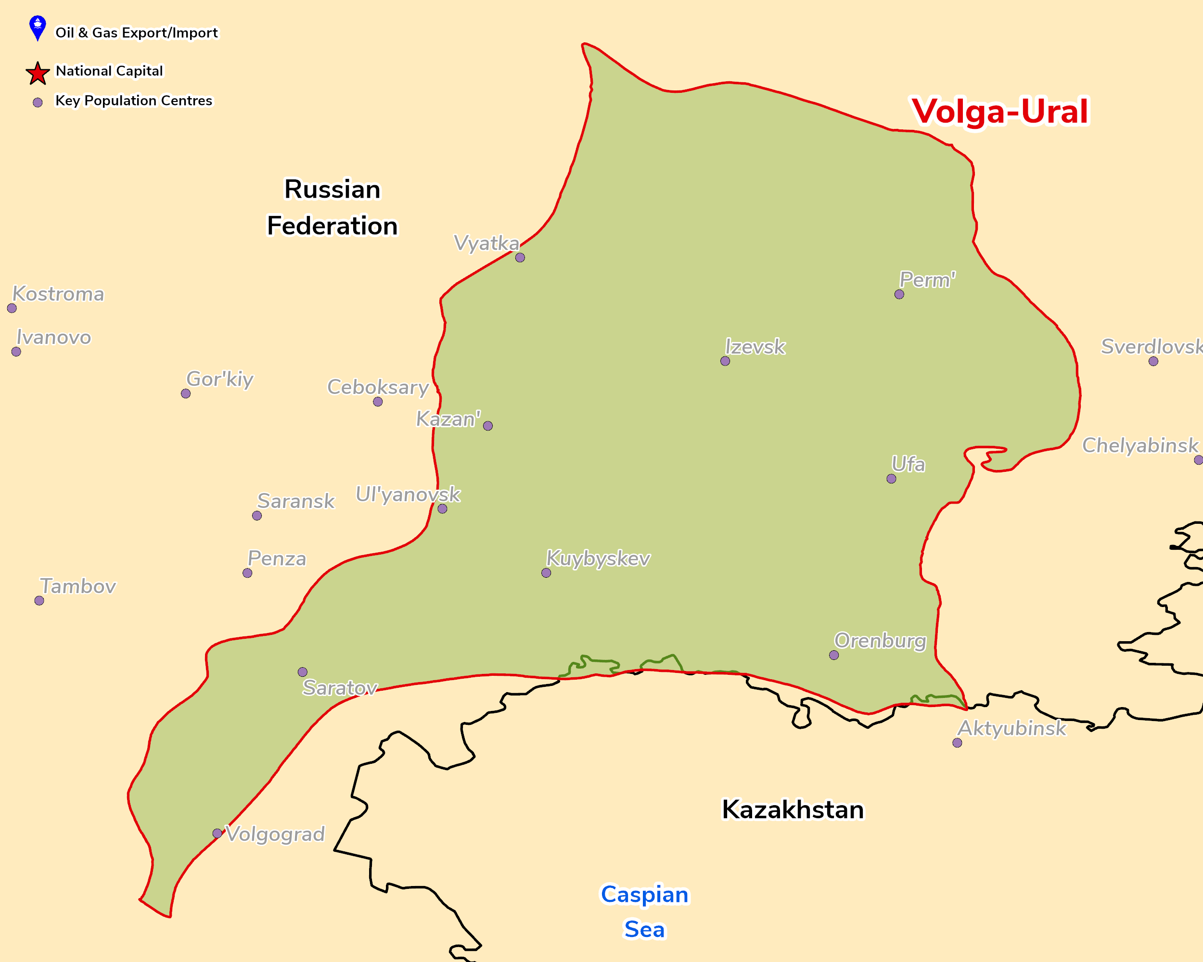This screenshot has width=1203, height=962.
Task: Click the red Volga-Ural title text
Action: [999, 111]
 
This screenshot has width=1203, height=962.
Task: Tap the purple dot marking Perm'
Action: [899, 294]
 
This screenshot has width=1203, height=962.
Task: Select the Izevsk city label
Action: [755, 347]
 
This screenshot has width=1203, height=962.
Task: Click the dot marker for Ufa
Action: [891, 479]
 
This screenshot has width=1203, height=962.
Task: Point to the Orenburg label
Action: [880, 641]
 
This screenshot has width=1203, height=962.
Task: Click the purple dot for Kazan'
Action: [487, 426]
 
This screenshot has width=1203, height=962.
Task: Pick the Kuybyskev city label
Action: [598, 558]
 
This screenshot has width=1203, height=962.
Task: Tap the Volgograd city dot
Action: [217, 833]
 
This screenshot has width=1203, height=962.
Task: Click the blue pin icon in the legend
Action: [38, 28]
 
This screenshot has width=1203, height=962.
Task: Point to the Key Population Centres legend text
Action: [133, 101]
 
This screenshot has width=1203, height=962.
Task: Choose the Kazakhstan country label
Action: [793, 810]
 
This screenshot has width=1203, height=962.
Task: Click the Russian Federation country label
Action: [333, 207]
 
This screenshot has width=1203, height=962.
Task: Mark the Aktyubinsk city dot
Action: [957, 743]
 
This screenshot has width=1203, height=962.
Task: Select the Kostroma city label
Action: [58, 294]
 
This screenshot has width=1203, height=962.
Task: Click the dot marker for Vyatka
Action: [520, 258]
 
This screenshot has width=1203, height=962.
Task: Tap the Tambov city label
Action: [77, 586]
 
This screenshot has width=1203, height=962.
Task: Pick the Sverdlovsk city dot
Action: [1153, 361]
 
